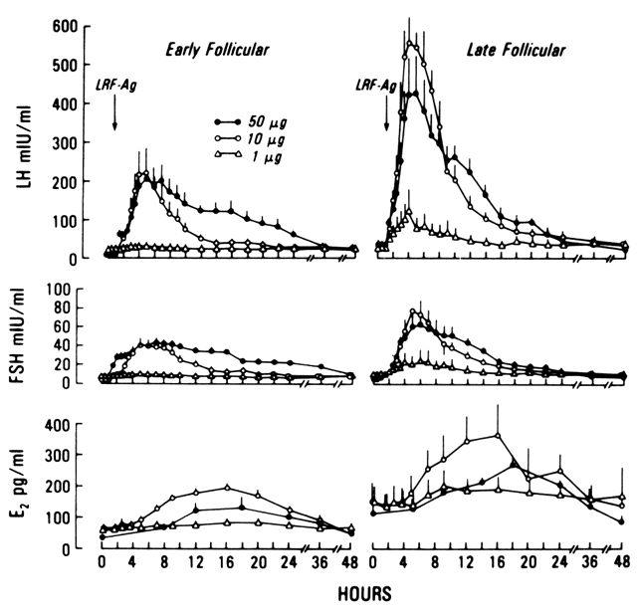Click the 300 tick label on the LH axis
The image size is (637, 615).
[68, 142]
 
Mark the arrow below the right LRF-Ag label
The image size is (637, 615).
[385, 117]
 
